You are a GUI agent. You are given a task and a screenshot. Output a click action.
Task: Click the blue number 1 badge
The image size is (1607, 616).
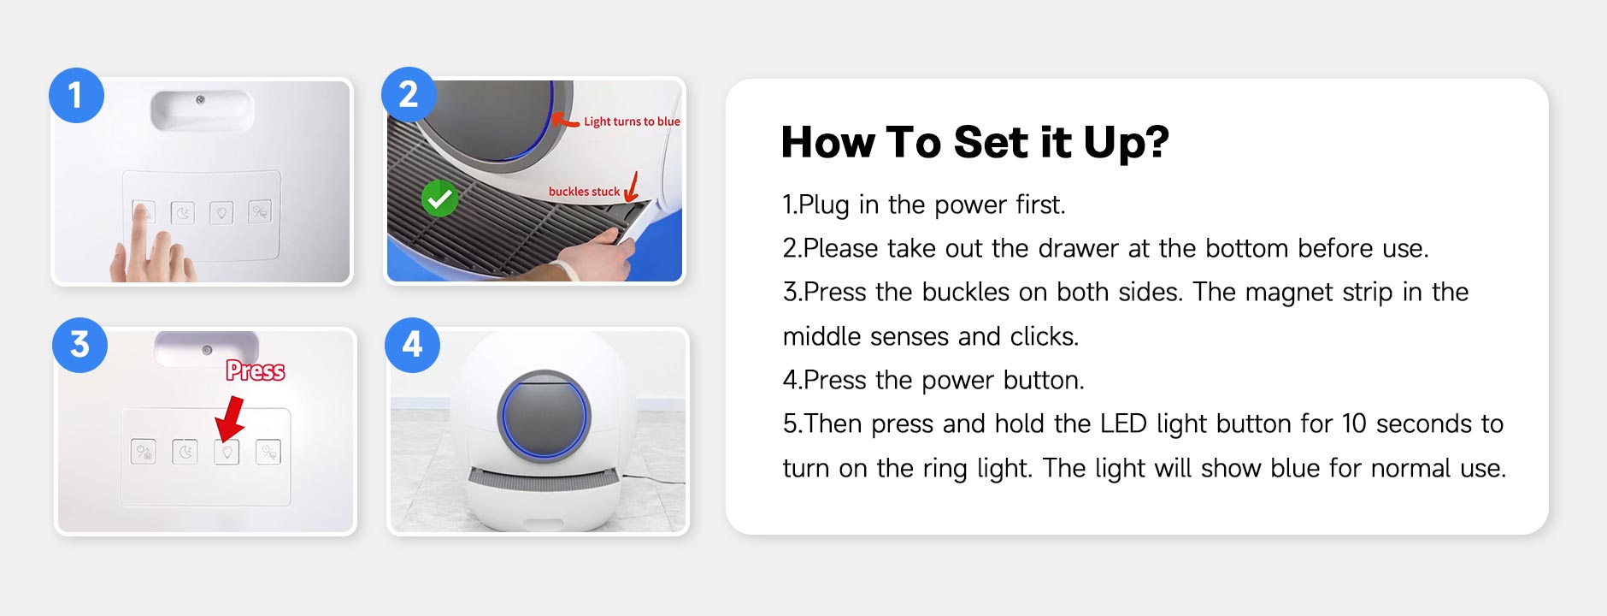pyautogui.click(x=76, y=95)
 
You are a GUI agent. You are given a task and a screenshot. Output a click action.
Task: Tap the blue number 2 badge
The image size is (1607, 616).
pyautogui.click(x=409, y=94)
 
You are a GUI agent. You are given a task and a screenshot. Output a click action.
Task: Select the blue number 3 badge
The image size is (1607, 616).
pyautogui.click(x=79, y=345)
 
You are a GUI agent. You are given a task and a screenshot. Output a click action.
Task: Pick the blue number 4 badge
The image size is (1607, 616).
pyautogui.click(x=412, y=345)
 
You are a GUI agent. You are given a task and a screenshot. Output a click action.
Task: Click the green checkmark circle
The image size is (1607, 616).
pyautogui.click(x=439, y=198)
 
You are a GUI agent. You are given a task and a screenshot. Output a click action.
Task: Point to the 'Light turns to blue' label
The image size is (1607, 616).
pyautogui.click(x=632, y=121)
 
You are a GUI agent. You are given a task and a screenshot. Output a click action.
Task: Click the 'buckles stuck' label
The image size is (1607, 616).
pyautogui.click(x=584, y=192)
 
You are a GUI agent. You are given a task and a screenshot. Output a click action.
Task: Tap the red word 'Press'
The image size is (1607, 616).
pyautogui.click(x=256, y=370)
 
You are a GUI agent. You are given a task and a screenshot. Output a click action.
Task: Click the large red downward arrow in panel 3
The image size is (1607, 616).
pyautogui.click(x=229, y=418)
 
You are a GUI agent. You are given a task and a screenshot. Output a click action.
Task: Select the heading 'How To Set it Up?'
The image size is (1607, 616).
pyautogui.click(x=974, y=142)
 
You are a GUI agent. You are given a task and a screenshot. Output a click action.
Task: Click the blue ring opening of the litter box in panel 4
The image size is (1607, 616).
pyautogui.click(x=544, y=417)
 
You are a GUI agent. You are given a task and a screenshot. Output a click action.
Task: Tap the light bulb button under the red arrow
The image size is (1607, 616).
pyautogui.click(x=227, y=452)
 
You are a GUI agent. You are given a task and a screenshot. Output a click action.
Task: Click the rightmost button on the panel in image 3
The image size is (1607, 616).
pyautogui.click(x=268, y=452)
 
